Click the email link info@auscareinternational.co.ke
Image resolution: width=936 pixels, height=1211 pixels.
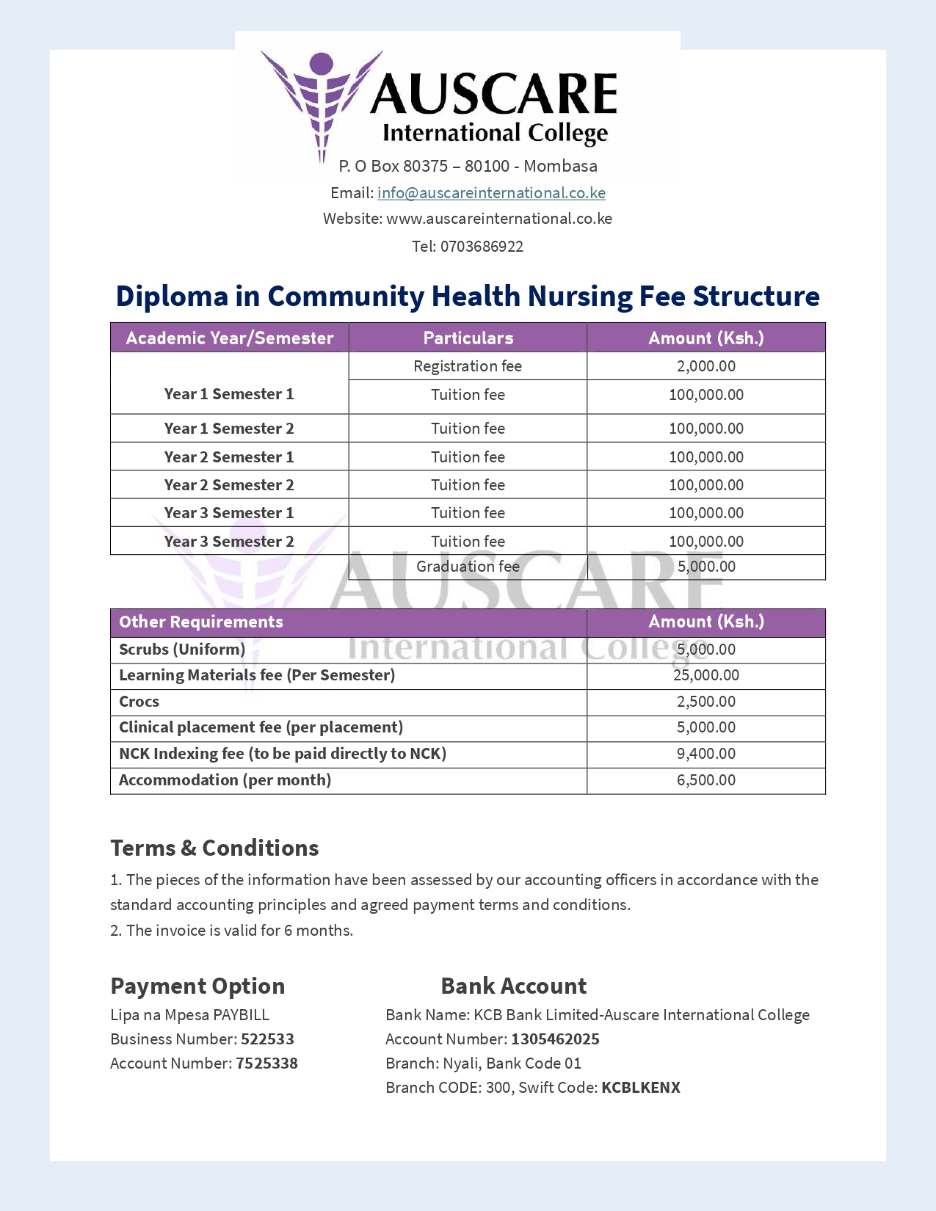coord(491,193)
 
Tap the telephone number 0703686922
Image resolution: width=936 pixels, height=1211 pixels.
coord(482,247)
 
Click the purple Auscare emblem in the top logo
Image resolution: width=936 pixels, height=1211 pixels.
coord(321,99)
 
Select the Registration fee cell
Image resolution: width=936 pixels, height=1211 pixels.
coord(468,366)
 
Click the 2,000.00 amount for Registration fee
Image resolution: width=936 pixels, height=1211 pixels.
coord(705,366)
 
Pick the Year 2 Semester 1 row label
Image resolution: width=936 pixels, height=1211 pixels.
coord(229,457)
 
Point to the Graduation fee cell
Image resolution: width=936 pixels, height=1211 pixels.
coord(468,567)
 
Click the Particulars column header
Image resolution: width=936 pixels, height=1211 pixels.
coord(468,338)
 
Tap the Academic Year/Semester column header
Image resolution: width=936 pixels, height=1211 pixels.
coord(230,338)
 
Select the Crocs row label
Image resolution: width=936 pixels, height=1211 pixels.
coord(139,702)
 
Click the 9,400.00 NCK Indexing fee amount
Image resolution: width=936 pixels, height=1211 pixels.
coord(705,754)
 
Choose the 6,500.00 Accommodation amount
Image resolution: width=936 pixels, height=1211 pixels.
coord(705,780)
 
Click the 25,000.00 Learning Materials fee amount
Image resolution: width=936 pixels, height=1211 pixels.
coord(705,675)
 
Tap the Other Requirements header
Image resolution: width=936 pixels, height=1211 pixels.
coord(201,622)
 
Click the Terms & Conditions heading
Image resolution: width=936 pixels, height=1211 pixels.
coord(214,848)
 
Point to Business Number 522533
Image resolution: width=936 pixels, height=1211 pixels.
coord(267,1039)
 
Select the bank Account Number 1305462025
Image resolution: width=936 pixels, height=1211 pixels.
coord(555,1039)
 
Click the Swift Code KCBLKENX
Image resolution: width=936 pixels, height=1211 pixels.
coord(640,1088)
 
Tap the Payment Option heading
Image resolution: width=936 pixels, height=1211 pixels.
coord(197,986)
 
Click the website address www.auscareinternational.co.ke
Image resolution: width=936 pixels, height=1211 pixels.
coord(499,219)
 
